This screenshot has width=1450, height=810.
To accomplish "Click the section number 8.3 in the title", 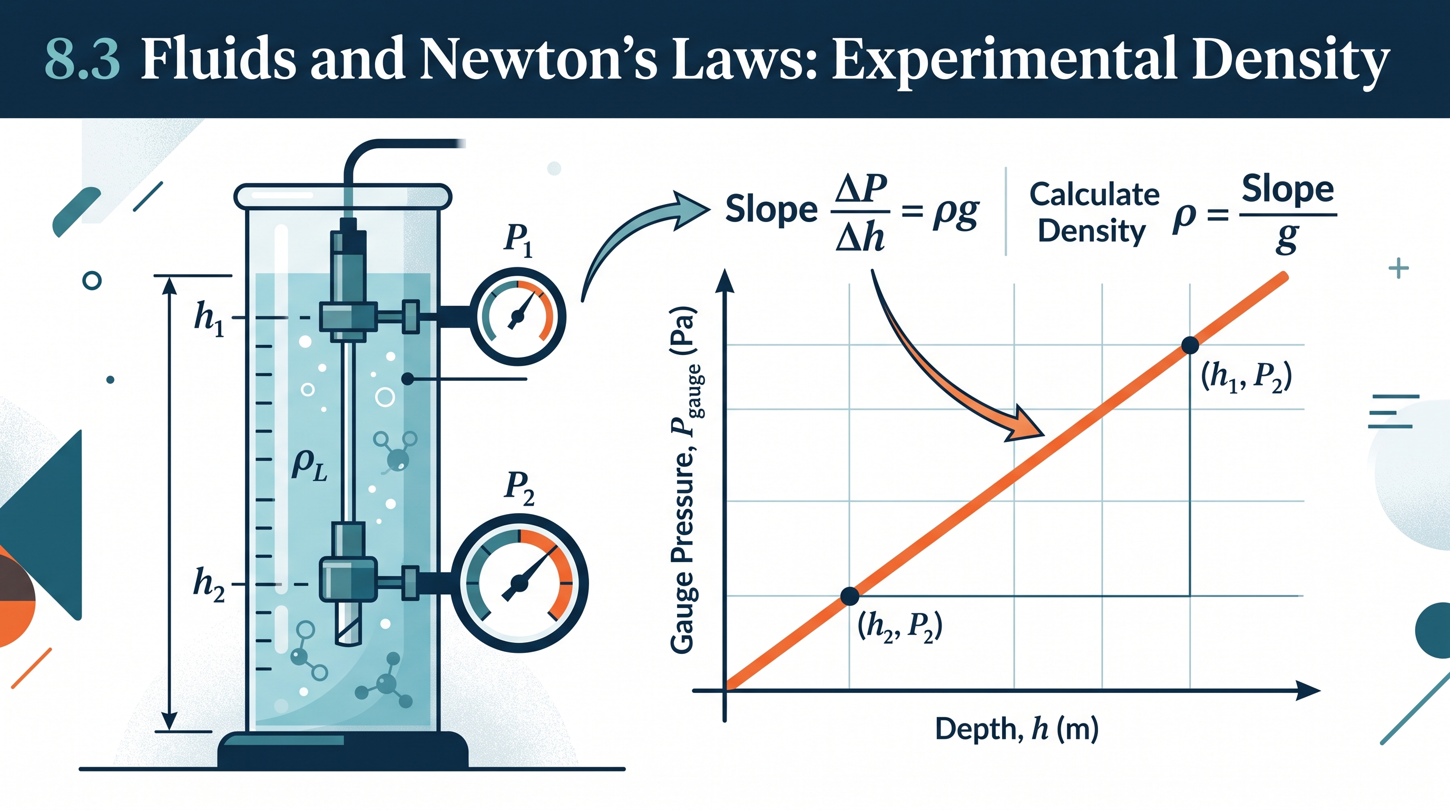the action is (x=82, y=59).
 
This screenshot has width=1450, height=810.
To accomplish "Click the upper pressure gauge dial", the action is (x=518, y=316).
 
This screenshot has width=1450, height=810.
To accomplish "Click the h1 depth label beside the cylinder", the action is (x=209, y=319).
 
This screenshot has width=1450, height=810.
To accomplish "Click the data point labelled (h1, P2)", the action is (x=1190, y=345).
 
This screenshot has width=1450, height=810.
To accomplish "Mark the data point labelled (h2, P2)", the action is (x=849, y=596).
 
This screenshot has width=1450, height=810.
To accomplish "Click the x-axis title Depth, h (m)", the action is (x=1016, y=729).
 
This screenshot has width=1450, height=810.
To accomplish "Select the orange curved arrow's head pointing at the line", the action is (x=1025, y=423).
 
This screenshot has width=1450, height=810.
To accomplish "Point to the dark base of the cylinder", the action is (x=343, y=749).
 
